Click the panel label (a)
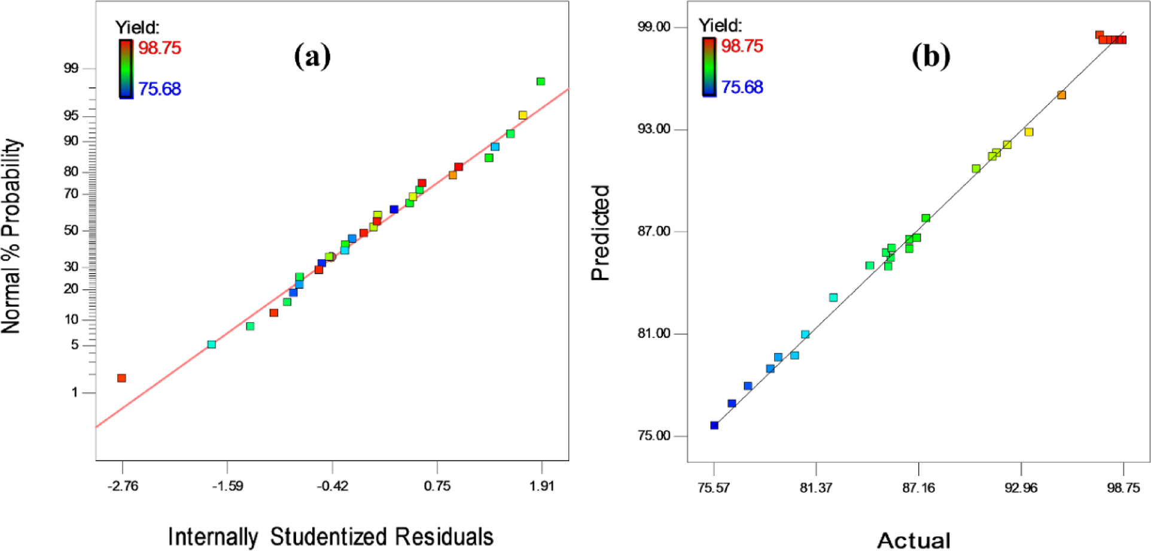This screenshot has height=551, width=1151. pyautogui.click(x=312, y=57)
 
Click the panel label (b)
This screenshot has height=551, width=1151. pyautogui.click(x=930, y=57)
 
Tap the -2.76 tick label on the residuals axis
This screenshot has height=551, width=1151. pyautogui.click(x=123, y=486)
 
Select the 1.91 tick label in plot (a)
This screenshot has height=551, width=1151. pyautogui.click(x=542, y=486)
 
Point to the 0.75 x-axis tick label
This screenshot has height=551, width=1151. pyautogui.click(x=437, y=486)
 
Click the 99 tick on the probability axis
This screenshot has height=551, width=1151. pyautogui.click(x=71, y=68)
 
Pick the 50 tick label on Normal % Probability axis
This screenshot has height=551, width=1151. pyautogui.click(x=71, y=231)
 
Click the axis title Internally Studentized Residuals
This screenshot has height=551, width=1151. pyautogui.click(x=330, y=536)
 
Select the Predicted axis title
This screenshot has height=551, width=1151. pyautogui.click(x=600, y=232)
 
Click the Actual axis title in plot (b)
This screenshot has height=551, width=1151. pyautogui.click(x=913, y=540)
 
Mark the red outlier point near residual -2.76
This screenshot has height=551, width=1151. pyautogui.click(x=121, y=378)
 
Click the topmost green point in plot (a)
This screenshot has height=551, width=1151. pyautogui.click(x=540, y=81)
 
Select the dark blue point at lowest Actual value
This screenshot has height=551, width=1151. pyautogui.click(x=714, y=425)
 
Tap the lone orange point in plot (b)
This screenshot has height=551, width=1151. pyautogui.click(x=1061, y=95)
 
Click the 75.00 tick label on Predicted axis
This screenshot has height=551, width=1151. pyautogui.click(x=654, y=436)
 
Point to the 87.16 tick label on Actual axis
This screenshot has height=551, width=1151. pyautogui.click(x=918, y=488)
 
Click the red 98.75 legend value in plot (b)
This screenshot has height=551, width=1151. pyautogui.click(x=742, y=46)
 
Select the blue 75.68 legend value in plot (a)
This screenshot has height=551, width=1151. pyautogui.click(x=159, y=89)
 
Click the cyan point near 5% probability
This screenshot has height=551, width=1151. pyautogui.click(x=211, y=344)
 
